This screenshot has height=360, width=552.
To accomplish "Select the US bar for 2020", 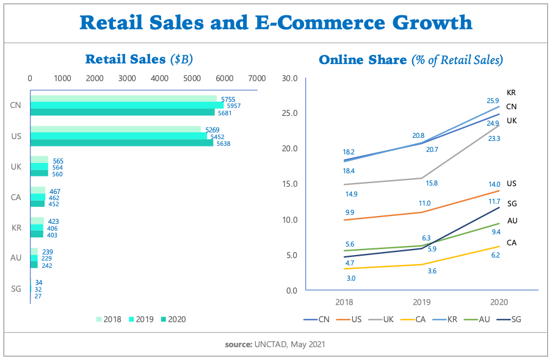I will (122, 143).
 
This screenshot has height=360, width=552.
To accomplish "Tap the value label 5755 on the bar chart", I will (228, 99).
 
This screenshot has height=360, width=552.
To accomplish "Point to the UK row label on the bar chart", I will (16, 166).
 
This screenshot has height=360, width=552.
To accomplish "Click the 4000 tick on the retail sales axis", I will (159, 79).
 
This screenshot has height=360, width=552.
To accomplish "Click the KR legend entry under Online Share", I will (446, 319).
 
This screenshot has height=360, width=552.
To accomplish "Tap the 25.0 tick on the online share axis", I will (289, 113).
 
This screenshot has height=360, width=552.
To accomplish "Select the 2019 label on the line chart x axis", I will (421, 302).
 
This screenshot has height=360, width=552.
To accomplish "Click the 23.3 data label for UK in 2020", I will (493, 139).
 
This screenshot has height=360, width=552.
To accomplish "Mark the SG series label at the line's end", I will (512, 204).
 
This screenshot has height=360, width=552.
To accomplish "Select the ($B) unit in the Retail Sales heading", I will (182, 59).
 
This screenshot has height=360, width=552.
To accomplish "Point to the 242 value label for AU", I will (46, 265).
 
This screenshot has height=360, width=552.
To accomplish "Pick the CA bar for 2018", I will (37, 190).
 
